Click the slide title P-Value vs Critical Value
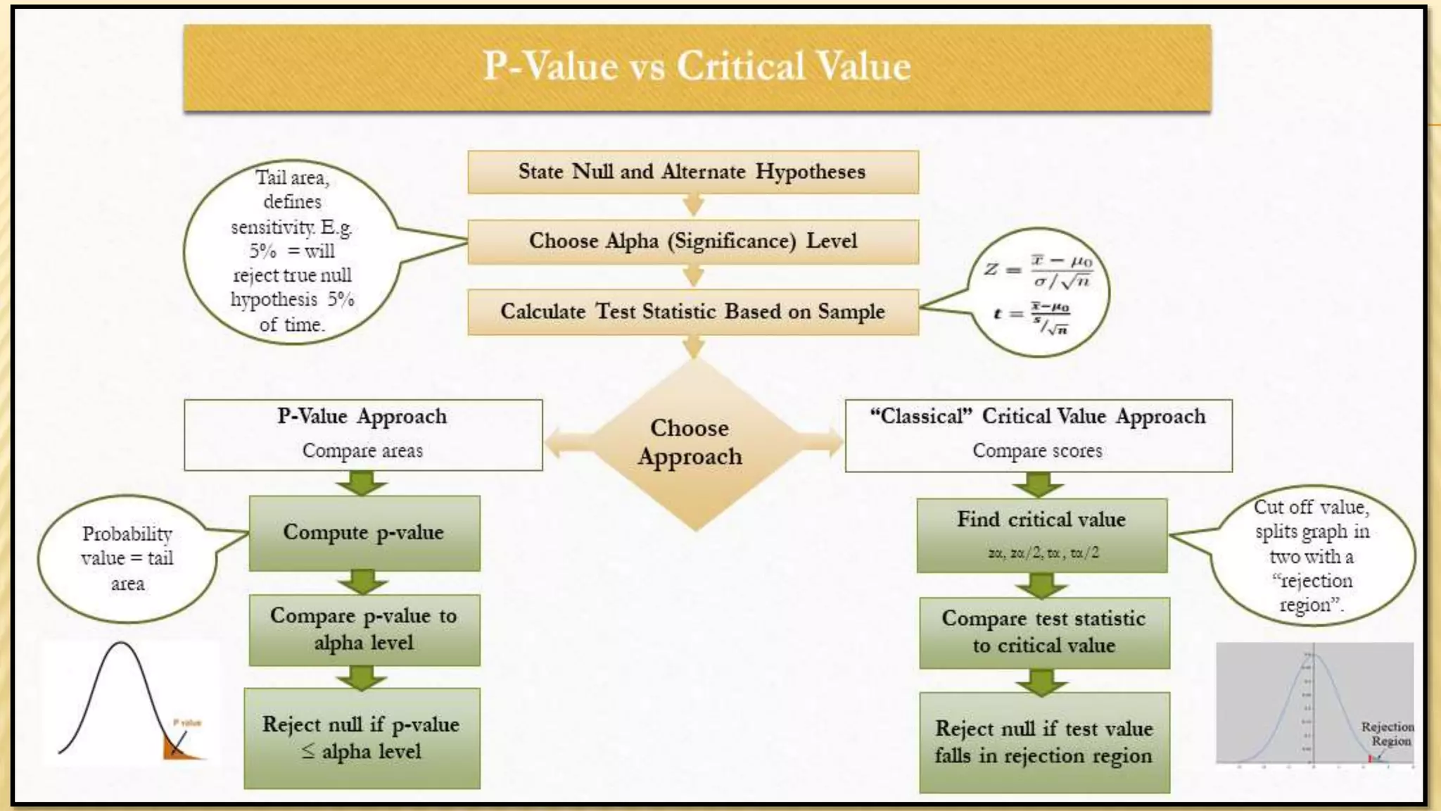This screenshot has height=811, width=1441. point(697,67)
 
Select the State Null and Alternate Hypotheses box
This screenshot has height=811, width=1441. point(693,172)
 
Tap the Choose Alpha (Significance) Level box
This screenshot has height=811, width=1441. point(693,241)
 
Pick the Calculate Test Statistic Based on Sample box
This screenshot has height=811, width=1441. point(693,312)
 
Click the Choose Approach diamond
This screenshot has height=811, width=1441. point(691,443)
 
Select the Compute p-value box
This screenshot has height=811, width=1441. point(364,533)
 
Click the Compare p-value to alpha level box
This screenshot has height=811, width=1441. point(364,629)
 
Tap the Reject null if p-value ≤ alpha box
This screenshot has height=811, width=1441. point(362,738)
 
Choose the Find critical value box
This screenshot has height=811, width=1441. point(1041,534)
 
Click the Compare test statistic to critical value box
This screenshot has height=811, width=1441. point(1044,632)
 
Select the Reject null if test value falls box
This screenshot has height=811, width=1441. point(1044,742)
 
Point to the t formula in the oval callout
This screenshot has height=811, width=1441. point(1033,317)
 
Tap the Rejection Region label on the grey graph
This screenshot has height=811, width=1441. point(1387,734)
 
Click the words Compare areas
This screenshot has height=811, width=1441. point(362,451)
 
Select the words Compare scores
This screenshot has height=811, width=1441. point(1037,451)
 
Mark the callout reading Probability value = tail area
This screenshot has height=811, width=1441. point(127,558)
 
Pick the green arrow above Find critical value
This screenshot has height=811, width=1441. point(1039,485)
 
